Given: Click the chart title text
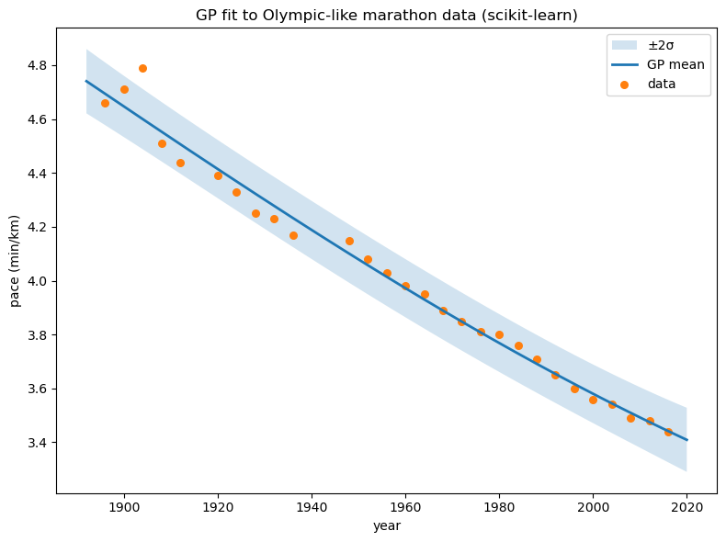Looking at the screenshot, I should [386, 16].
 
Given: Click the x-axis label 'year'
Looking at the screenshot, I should [386, 525].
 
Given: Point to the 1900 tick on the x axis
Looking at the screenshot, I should [124, 506].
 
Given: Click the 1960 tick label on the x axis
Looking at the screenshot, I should [405, 506].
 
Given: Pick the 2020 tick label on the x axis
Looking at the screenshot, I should [686, 506].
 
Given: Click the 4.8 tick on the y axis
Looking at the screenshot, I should [38, 66].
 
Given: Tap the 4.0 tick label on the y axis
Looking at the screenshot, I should [38, 281].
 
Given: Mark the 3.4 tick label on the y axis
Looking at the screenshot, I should [38, 443].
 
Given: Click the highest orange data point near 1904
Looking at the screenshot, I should [142, 68].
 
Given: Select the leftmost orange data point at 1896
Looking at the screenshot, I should [105, 103].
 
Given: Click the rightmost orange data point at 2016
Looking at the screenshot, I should [668, 432].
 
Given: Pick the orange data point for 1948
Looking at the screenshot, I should [349, 241].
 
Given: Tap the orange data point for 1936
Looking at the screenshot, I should [293, 235].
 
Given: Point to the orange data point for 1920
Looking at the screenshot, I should [218, 175].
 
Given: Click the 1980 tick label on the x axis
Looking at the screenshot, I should [499, 506].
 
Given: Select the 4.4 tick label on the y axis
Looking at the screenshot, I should [38, 174].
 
